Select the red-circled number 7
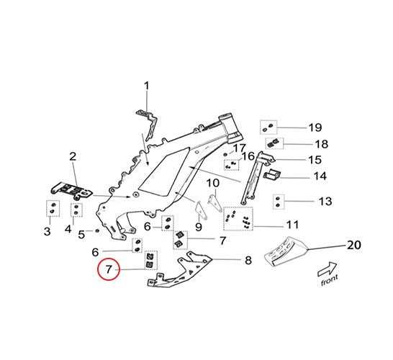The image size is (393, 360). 109,270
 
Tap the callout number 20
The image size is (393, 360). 353,245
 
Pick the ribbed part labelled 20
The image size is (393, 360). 286,251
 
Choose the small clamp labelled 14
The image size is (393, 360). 271,175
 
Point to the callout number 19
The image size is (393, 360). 315,127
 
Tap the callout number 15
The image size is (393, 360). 315,160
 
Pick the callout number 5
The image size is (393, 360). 81,234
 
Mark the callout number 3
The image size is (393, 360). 47,232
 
